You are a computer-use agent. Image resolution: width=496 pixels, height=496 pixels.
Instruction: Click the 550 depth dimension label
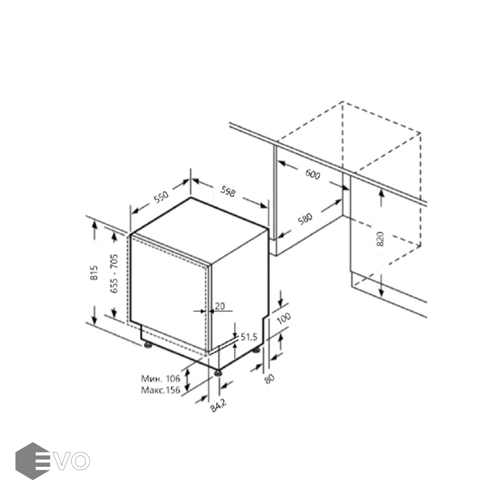click(161, 197)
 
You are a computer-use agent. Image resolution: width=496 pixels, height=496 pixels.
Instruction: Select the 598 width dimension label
click(228, 191)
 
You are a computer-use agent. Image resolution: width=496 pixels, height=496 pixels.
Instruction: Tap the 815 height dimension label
click(94, 273)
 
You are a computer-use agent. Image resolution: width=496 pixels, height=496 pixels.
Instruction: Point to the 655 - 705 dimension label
click(114, 273)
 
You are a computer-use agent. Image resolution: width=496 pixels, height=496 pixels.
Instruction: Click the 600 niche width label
click(313, 174)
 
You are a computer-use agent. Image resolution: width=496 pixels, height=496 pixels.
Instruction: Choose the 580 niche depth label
click(305, 219)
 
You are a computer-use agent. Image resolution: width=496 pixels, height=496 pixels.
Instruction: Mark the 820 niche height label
click(380, 239)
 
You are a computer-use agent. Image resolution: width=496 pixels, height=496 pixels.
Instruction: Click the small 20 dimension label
click(219, 306)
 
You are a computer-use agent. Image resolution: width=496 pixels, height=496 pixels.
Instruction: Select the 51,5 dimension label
click(249, 337)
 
